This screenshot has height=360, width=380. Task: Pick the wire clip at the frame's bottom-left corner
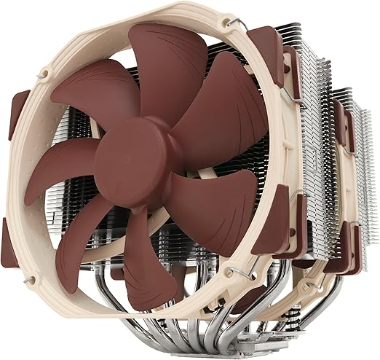coord(31,278)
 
